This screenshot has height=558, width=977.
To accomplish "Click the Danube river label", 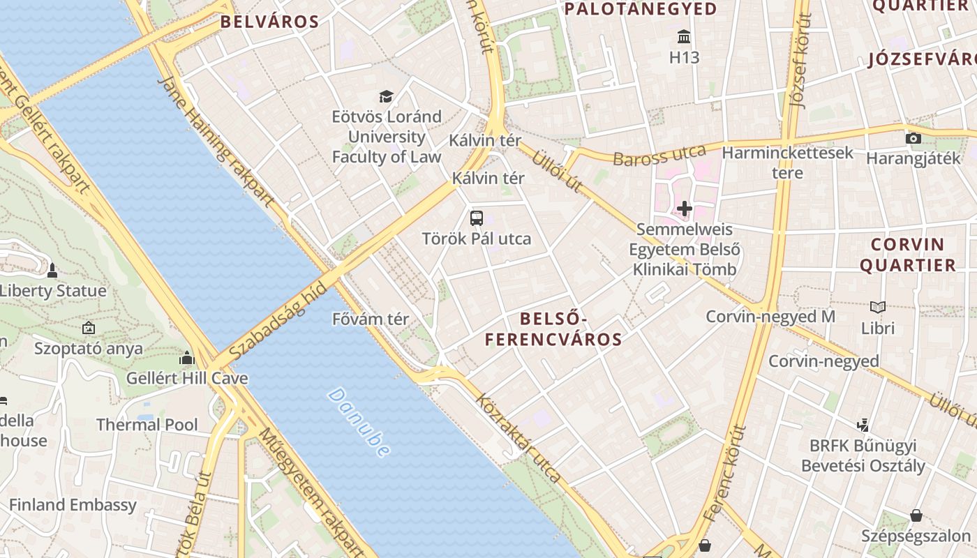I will pos(358,423).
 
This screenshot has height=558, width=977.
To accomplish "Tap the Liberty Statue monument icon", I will pos(52,270).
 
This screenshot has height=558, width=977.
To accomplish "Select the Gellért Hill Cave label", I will pos(187,379).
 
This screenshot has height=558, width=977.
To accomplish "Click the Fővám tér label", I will pos(371,319).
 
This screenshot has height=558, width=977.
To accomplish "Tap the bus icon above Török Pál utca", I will pos(477,218).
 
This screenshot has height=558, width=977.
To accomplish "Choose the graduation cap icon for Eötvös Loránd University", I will pos(386,96).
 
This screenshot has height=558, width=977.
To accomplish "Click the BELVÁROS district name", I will pos(269,22).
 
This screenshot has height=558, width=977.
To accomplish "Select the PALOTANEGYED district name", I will pos(641,9).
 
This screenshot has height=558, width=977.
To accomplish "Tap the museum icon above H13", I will pos(684,36).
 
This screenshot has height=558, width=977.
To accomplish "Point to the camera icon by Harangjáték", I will pos(913,138).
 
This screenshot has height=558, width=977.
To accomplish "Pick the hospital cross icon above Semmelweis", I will pos(684,208).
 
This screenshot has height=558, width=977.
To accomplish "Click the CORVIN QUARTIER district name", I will pos(907,255).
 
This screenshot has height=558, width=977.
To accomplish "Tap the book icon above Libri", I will pos(877,307).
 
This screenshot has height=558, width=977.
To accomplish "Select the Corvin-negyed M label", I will pos(770,317).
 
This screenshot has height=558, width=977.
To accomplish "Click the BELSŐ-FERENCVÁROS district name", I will pos(553,329).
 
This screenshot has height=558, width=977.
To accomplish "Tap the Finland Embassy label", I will pos(73,504).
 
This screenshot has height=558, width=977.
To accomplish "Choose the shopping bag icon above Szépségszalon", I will pos(916,515).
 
